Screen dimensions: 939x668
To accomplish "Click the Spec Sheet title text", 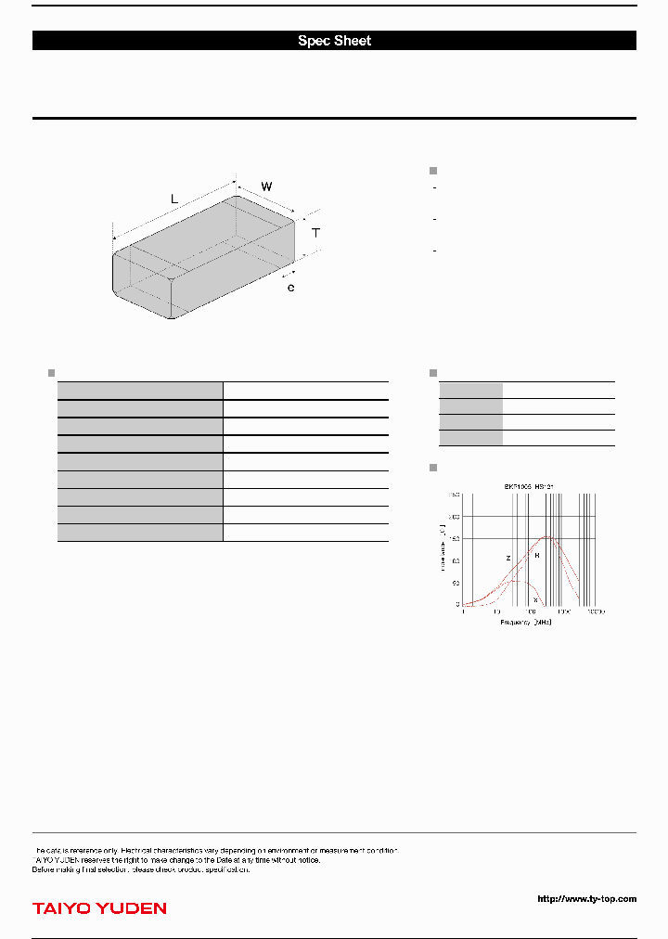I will [x=334, y=41].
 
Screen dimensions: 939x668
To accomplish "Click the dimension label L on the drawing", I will [x=173, y=199].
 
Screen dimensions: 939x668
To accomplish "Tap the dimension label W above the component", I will [x=266, y=187].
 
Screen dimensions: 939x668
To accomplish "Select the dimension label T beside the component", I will [x=315, y=233].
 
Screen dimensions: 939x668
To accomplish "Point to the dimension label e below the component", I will [x=290, y=289].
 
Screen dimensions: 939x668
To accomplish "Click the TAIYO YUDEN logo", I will [x=99, y=907].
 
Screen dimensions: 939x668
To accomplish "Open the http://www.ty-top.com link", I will [x=587, y=898].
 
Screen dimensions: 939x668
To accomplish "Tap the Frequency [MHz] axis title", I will [x=526, y=622].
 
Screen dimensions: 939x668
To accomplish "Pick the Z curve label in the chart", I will [x=507, y=559].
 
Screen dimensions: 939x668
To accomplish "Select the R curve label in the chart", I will [x=536, y=555].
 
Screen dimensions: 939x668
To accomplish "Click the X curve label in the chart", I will [x=535, y=599].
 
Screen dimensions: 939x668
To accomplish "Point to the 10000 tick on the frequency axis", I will [x=594, y=612].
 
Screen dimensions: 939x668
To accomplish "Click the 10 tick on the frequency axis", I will [x=496, y=612].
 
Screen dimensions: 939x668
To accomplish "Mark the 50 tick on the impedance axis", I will [x=456, y=583].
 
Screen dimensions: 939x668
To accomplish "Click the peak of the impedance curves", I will [x=548, y=536].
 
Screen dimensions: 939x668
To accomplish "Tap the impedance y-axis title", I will [x=443, y=547].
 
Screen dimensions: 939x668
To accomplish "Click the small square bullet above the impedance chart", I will [x=432, y=467].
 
